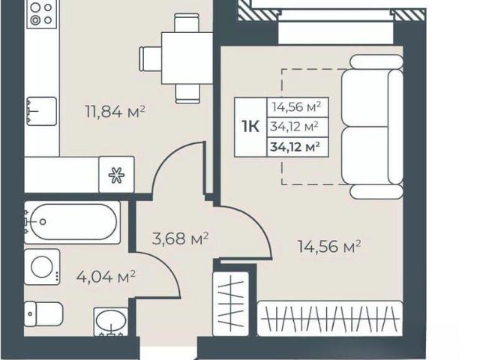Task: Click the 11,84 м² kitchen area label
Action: [115, 112]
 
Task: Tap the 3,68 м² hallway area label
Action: [180, 238]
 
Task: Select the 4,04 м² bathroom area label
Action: [106, 277]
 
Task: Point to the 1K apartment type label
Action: [250, 127]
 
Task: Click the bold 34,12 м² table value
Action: [295, 147]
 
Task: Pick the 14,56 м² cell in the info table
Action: [297, 106]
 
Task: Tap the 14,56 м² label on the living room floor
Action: [329, 247]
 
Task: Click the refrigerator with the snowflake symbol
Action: [117, 175]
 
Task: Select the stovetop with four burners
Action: [42, 14]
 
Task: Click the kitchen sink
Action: [41, 112]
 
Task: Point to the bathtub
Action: [72, 222]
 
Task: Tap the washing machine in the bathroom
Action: [42, 267]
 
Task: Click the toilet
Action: [43, 314]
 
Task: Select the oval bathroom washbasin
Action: [111, 321]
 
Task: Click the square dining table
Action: [187, 58]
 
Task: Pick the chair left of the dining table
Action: [150, 58]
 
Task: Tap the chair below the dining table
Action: [188, 93]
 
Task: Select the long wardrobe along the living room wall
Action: [330, 319]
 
